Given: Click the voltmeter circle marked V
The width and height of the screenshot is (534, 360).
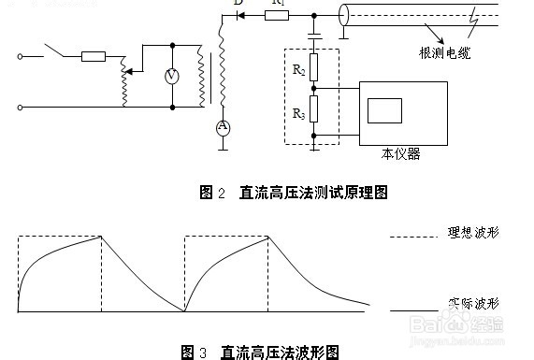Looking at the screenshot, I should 172,77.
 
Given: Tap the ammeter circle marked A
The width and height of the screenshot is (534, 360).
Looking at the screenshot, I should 223,126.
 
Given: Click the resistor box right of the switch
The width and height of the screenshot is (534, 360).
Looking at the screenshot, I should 94,56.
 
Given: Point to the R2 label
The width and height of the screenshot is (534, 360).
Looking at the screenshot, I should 298,69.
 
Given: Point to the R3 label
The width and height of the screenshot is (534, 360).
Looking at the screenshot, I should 298,113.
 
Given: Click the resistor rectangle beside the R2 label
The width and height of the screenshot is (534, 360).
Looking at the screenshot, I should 314,67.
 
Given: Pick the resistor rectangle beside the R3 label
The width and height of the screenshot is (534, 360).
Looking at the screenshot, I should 314,110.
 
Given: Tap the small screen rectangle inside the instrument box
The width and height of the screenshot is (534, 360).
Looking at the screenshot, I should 384,109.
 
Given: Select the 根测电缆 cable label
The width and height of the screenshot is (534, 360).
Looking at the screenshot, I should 444,55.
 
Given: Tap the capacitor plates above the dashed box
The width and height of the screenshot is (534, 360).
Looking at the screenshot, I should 314,37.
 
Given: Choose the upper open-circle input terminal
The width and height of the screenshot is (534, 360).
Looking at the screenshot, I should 21,56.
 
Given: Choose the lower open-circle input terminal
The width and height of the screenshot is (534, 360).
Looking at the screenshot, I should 21,107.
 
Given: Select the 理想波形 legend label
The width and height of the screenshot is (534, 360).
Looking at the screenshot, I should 472,231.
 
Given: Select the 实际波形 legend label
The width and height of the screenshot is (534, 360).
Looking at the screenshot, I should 472,304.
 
